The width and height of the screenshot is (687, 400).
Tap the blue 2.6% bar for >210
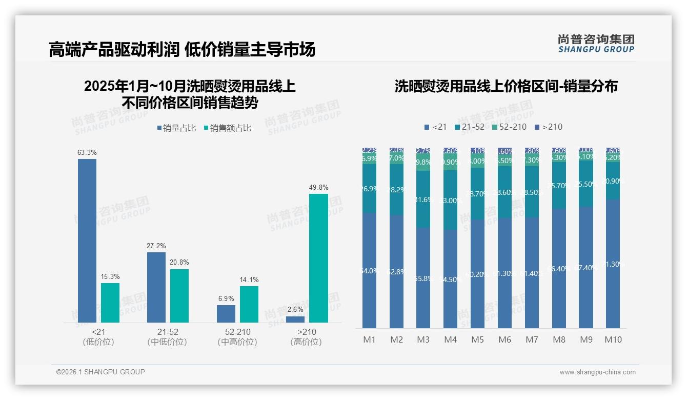coord(295,319)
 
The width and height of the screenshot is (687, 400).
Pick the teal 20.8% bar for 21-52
coord(179,295)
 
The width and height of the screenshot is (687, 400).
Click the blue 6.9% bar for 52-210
coord(226,313)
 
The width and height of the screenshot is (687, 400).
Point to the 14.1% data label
coord(249,279)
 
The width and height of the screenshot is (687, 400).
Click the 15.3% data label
coord(110,276)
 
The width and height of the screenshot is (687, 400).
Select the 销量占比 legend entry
coord(176,128)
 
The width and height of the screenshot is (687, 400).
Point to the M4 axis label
coord(450,339)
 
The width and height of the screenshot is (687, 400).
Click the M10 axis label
coord(613,339)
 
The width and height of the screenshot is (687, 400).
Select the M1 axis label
coord(369,339)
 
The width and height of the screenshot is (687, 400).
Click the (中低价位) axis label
coord(167,342)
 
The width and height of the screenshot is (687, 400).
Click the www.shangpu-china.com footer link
coord(597,372)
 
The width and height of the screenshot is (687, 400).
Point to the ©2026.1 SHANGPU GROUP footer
coord(100,372)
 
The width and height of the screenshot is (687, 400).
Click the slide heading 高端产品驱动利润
coord(114,49)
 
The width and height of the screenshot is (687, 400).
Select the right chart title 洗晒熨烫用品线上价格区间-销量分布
coord(506,86)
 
